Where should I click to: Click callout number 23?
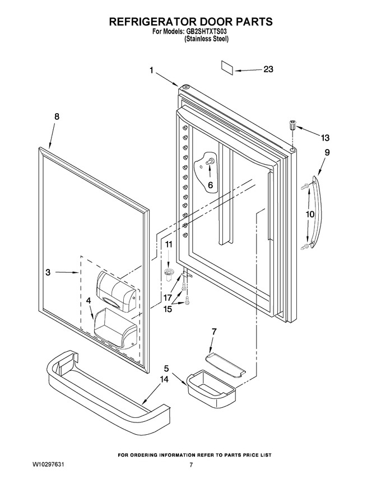point(268,69)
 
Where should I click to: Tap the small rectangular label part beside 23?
point(227,68)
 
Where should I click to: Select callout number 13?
point(325,137)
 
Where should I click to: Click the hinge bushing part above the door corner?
point(292,124)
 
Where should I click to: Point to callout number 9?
point(327,152)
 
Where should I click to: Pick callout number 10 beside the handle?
point(310,215)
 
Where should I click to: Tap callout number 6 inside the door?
point(210,185)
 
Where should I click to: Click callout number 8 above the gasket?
point(57,117)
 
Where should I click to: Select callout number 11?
point(169,244)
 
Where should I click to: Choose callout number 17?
point(168,297)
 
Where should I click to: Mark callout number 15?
point(168,309)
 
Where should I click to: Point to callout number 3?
point(48,272)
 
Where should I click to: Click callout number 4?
point(89,301)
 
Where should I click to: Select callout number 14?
point(164,379)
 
